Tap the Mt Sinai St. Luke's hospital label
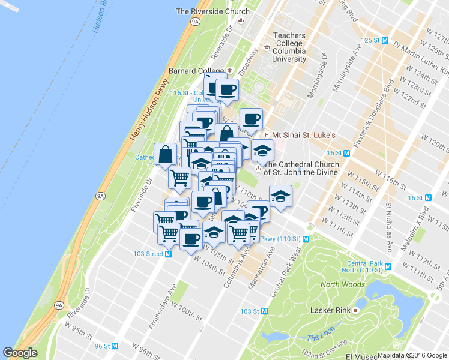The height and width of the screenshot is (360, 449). (x=304, y=135)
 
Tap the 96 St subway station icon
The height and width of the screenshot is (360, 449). (x=115, y=346)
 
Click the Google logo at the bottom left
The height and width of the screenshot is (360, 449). (x=20, y=353)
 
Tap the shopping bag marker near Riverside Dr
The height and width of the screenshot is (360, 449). (x=165, y=154)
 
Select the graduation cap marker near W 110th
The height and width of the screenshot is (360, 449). (x=280, y=195)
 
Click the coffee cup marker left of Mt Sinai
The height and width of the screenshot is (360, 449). (x=251, y=118)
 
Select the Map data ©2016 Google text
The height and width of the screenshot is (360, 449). (x=412, y=355)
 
